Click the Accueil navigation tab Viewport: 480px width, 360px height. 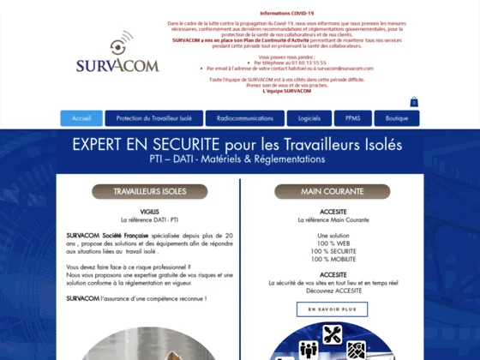pos(81,118)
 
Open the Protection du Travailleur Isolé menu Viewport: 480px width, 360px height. pos(154,118)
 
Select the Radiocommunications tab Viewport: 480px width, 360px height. pos(245,118)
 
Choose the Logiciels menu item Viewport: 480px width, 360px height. pos(309,118)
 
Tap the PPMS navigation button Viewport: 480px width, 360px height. pos(352,118)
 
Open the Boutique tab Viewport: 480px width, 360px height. pos(397,118)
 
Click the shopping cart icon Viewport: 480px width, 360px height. pos(414,102)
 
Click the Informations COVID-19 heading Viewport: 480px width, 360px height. pos(287,14)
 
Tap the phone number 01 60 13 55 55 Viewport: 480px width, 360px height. pos(305,63)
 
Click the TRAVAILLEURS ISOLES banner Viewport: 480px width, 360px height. pos(150,191)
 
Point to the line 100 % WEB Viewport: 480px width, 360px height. pos(333,243)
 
